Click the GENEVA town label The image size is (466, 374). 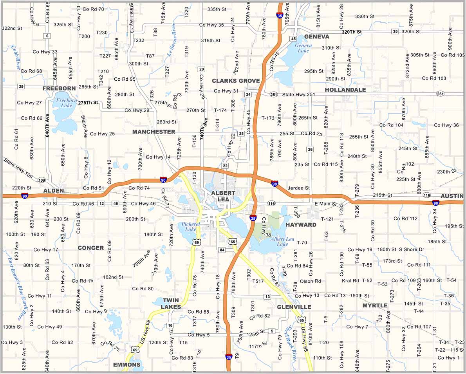click(316, 36)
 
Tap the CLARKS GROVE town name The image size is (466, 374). click(236, 81)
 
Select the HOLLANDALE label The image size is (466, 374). click(345, 90)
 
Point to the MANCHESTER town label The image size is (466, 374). click(154, 132)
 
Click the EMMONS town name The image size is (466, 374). click(126, 365)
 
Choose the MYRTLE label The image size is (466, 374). click(375, 305)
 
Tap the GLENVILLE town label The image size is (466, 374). click(294, 307)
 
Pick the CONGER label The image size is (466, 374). click(91, 248)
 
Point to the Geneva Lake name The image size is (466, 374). click(303, 48)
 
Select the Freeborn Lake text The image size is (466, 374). click(65, 103)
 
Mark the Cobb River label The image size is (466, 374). click(16, 57)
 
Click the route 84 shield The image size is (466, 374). click(222, 250)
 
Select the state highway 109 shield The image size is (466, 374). click(42, 180)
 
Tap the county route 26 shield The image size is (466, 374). click(310, 149)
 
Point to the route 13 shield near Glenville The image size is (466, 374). click(267, 296)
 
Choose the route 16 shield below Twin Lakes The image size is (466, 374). click(170, 325)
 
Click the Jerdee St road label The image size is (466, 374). click(298, 188)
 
